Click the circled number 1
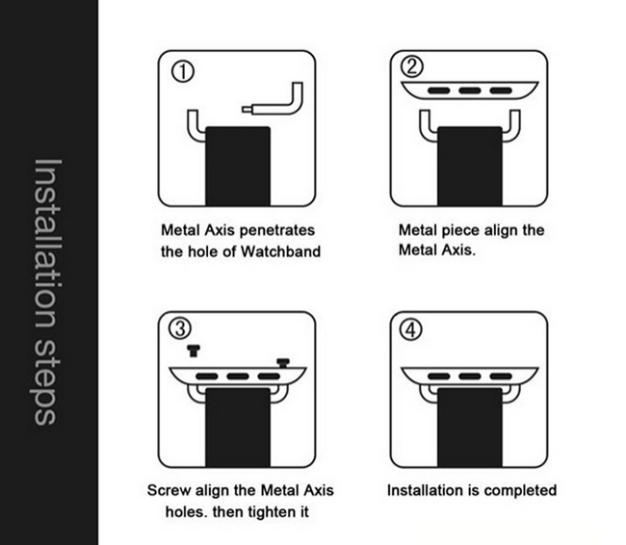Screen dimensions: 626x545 (182, 72)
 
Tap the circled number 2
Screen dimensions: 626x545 (411, 66)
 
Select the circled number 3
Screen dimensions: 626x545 (180, 329)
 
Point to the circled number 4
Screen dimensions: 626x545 (411, 330)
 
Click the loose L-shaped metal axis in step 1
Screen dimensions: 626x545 (296, 106)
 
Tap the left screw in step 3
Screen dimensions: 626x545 (194, 350)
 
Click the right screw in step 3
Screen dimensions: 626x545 (283, 363)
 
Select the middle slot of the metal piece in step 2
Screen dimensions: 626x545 (470, 91)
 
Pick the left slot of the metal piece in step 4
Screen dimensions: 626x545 (438, 376)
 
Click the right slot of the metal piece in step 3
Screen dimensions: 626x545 (269, 376)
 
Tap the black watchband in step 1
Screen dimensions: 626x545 (238, 166)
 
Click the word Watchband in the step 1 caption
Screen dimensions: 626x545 (280, 251)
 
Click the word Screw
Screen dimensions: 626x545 (169, 490)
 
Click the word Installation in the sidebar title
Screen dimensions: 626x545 (47, 244)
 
